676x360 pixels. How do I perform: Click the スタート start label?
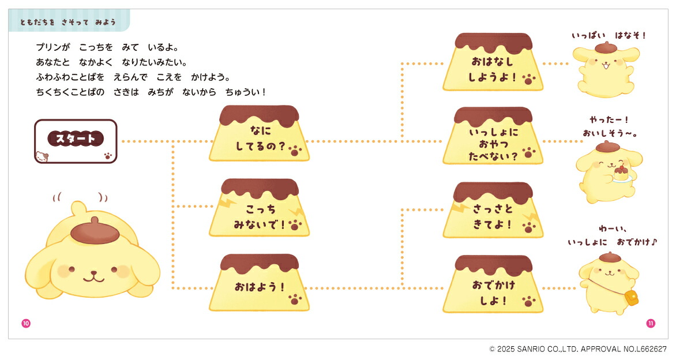[76, 138]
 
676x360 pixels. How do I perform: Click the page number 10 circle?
[25, 323]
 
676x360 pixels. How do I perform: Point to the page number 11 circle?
[651, 323]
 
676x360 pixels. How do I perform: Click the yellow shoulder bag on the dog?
[632, 298]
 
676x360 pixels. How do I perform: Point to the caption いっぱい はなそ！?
[609, 36]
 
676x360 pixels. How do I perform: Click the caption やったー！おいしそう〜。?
[609, 127]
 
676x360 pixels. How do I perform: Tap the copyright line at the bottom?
[578, 349]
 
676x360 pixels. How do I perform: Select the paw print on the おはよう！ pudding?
[295, 299]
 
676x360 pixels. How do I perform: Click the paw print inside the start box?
[107, 155]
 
